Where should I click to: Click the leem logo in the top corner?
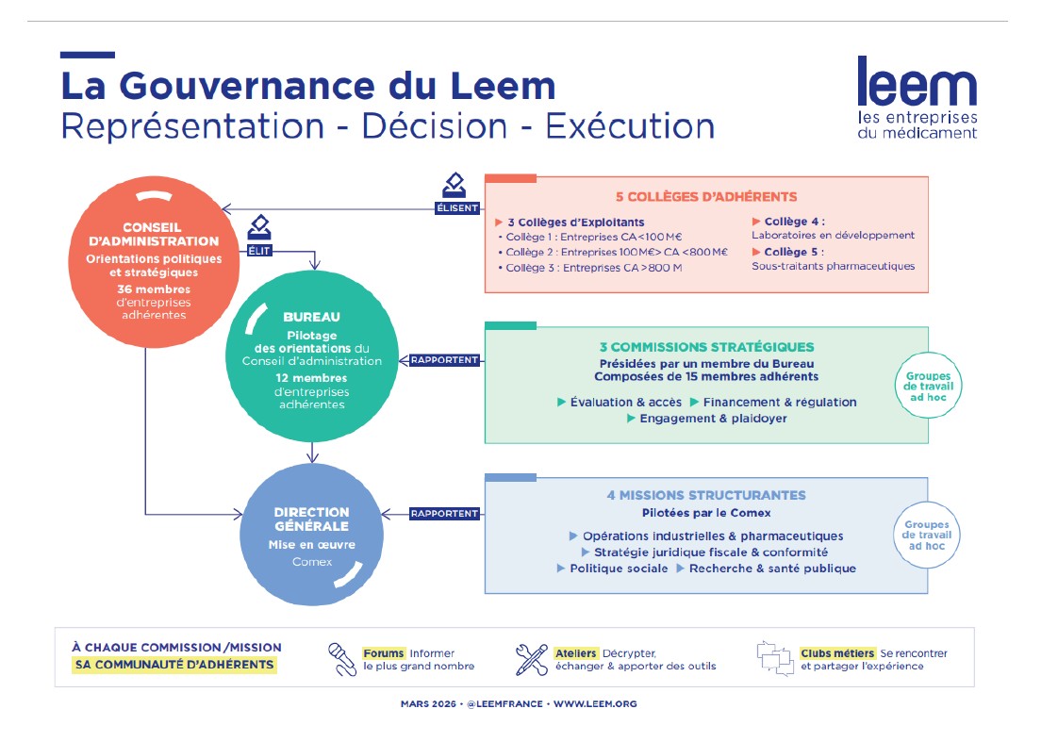pyautogui.click(x=917, y=97)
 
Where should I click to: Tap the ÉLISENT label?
pyautogui.click(x=457, y=208)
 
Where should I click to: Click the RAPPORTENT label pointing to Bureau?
pyautogui.click(x=445, y=359)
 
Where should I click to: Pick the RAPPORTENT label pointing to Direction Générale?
pyautogui.click(x=445, y=514)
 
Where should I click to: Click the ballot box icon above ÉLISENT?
pyautogui.click(x=455, y=186)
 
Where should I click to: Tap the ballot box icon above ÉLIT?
pyautogui.click(x=259, y=228)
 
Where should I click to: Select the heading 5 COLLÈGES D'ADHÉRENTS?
pyautogui.click(x=706, y=197)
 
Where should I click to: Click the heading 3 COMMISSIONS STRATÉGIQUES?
pyautogui.click(x=706, y=347)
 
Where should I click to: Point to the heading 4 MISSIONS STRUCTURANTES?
pyautogui.click(x=706, y=495)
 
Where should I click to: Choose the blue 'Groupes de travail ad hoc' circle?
pyautogui.click(x=927, y=535)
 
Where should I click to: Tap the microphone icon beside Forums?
pyautogui.click(x=340, y=659)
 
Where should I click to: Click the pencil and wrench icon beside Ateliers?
pyautogui.click(x=531, y=659)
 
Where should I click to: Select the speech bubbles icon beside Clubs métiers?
pyautogui.click(x=772, y=658)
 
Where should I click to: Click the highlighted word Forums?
pyautogui.click(x=385, y=652)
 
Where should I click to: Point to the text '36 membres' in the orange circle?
pyautogui.click(x=154, y=289)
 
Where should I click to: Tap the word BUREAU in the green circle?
pyautogui.click(x=311, y=318)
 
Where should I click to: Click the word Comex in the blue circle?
pyautogui.click(x=311, y=562)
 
